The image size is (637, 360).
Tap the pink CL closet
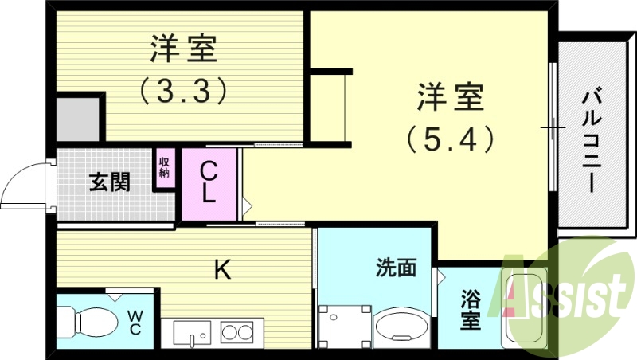tap(209, 184)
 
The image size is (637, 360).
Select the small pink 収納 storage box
tap(165, 168)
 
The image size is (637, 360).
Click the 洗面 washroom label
tap(396, 268)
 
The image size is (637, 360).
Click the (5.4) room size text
tap(450, 140)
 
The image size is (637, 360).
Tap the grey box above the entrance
tap(77, 119)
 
